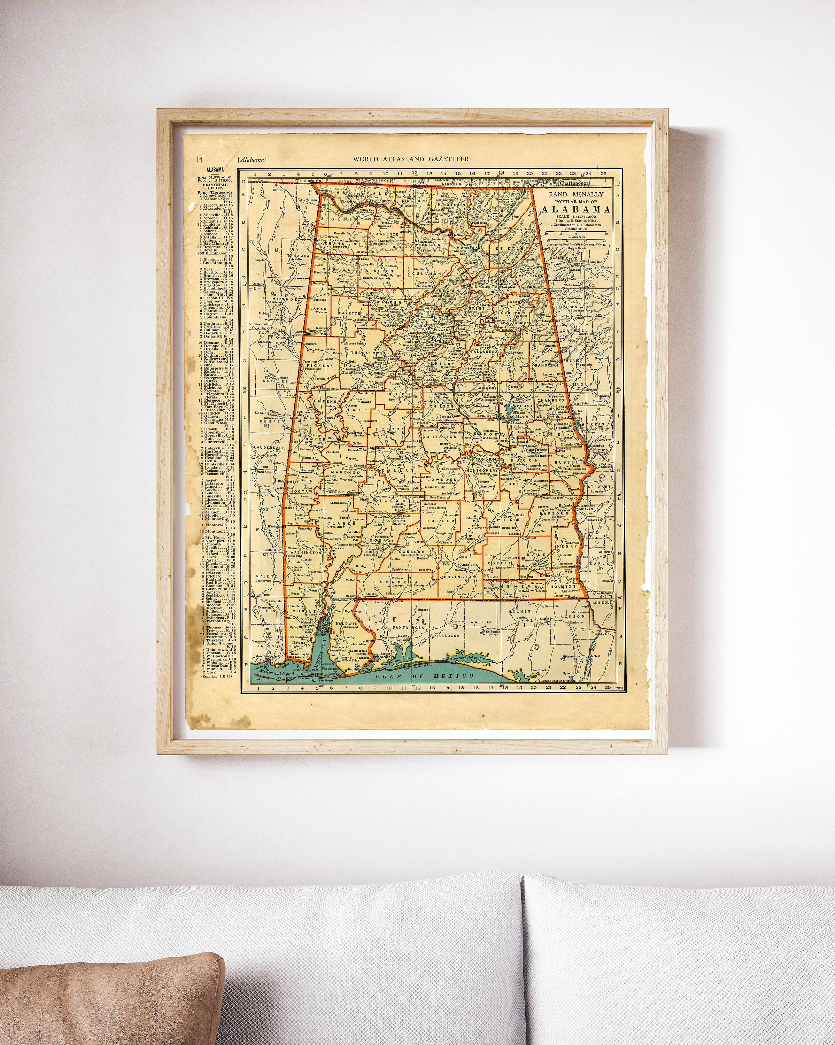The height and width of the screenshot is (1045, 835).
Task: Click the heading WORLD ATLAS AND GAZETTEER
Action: coord(410,159)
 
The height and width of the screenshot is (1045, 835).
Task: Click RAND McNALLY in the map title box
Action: coord(576,194)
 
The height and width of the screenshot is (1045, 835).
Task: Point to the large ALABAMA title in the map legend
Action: coord(576,209)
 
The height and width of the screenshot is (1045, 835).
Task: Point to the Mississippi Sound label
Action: coord(275,674)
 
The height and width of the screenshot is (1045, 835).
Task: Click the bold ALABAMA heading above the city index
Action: coord(214,170)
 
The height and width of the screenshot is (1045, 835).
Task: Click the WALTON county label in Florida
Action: coord(481,622)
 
